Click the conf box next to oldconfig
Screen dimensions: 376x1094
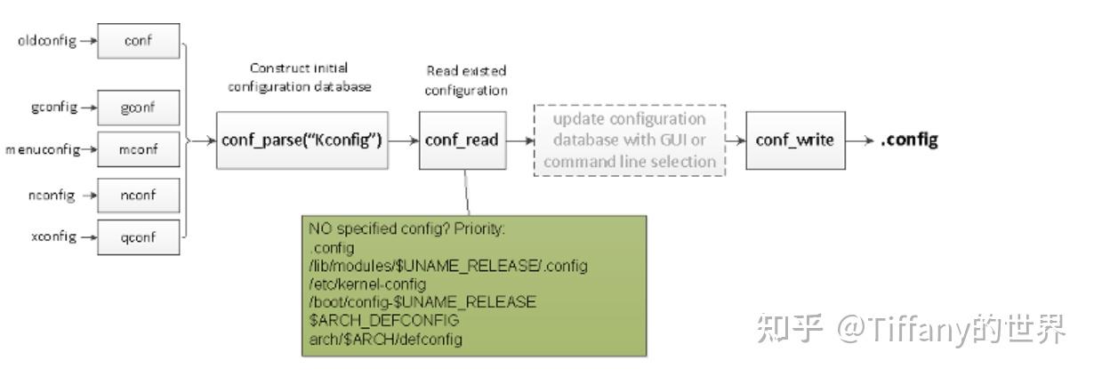point(138,41)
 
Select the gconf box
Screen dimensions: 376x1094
point(138,108)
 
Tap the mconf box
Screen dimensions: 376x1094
point(138,149)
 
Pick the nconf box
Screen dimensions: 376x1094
point(138,196)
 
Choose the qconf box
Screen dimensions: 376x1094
point(138,237)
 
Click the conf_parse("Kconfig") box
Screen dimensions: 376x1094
point(303,140)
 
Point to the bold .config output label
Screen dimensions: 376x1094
point(909,140)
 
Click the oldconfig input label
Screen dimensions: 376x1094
point(44,41)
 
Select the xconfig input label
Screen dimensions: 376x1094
point(48,237)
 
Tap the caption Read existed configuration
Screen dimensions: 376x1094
point(465,80)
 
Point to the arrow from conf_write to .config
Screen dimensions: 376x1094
point(859,140)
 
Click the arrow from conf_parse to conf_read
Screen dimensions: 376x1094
point(405,140)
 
